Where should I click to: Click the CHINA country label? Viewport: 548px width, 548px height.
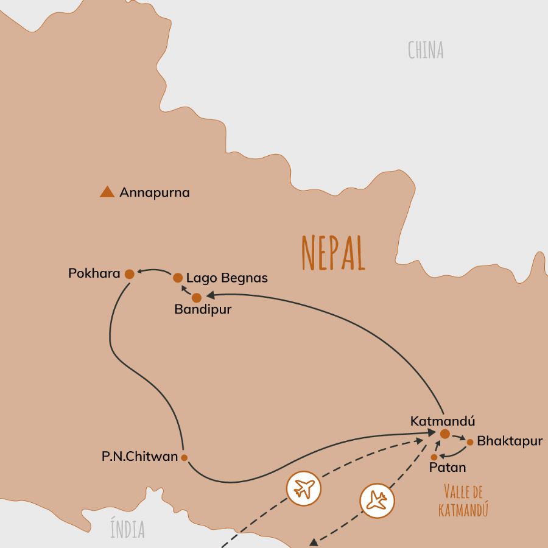coord(426,50)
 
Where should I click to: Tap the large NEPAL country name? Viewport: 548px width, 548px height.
coord(334,253)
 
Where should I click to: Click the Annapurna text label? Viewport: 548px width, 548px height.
coord(155,192)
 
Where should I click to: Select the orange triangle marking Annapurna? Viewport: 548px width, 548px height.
coord(107,192)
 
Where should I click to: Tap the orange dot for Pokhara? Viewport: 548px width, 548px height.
coord(129,275)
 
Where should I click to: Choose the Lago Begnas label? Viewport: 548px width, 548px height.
coord(227,278)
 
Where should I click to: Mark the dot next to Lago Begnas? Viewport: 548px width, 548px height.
coord(178,278)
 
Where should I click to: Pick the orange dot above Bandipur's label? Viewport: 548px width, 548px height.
coord(196,298)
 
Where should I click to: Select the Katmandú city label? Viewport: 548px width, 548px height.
coord(442,421)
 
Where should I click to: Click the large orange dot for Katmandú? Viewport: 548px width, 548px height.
coord(444,434)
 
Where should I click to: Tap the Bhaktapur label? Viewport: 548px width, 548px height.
coord(509,441)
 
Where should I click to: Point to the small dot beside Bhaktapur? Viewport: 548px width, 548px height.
coord(470,442)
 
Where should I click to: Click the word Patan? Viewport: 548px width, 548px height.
coord(448,468)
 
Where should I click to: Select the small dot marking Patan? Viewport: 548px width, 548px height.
coord(434,457)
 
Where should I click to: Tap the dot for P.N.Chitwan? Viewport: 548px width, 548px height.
coord(184,457)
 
